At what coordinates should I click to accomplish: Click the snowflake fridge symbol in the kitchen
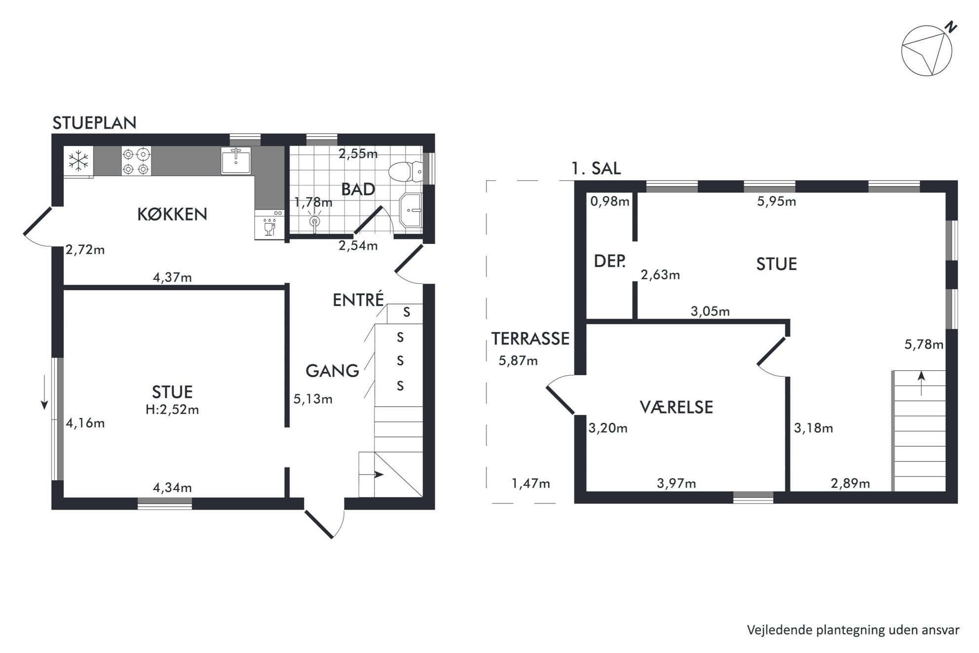pyautogui.click(x=78, y=160)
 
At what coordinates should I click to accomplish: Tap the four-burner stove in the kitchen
pyautogui.click(x=136, y=161)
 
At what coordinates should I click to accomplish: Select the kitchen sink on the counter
pyautogui.click(x=236, y=160)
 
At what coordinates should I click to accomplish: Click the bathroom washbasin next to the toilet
pyautogui.click(x=411, y=210)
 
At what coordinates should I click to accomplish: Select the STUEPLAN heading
pyautogui.click(x=95, y=123)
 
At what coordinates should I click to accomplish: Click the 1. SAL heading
pyautogui.click(x=596, y=169)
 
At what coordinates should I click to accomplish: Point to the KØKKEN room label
pyautogui.click(x=172, y=214)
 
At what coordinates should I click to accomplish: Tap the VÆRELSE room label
pyautogui.click(x=676, y=407)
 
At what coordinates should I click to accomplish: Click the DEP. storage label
pyautogui.click(x=610, y=261)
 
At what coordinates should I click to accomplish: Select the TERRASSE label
pyautogui.click(x=530, y=339)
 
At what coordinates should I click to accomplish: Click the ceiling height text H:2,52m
pyautogui.click(x=172, y=410)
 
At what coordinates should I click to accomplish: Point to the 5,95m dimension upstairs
pyautogui.click(x=777, y=201)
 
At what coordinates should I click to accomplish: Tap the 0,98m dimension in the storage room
pyautogui.click(x=610, y=201)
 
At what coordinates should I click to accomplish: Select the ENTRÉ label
pyautogui.click(x=358, y=300)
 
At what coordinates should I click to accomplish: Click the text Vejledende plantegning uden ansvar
pyautogui.click(x=853, y=630)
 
